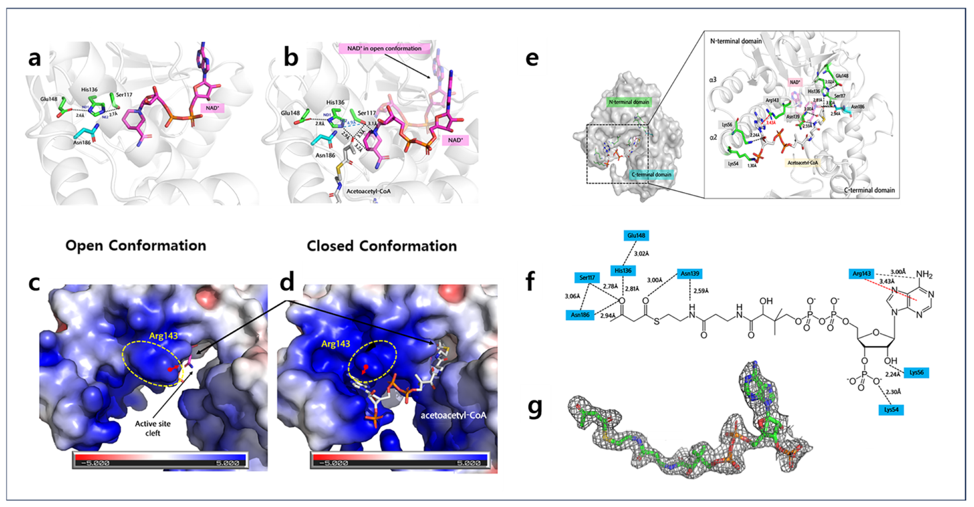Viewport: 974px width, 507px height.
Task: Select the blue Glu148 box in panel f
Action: (636, 236)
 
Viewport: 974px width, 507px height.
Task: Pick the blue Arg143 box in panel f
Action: (862, 273)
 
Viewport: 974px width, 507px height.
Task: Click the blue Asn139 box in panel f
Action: (690, 273)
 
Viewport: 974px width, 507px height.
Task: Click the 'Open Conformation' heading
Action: (136, 246)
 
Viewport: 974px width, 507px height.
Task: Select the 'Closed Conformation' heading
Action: (381, 246)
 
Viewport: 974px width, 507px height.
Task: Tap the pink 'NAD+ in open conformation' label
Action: (384, 48)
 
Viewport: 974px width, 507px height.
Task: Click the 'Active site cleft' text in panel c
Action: (153, 428)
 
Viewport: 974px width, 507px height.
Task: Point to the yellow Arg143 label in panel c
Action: (163, 336)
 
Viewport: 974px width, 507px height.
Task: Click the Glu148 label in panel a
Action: (49, 99)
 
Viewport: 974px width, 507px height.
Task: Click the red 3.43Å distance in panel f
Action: (887, 282)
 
